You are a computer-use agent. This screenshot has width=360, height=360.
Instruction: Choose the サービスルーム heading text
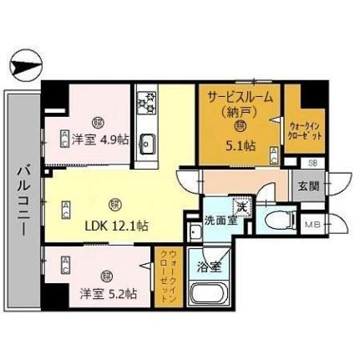pyautogui.click(x=240, y=98)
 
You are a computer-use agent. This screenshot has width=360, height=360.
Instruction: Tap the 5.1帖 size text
pyautogui.click(x=240, y=144)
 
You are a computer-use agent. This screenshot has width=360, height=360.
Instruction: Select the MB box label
pyautogui.click(x=312, y=226)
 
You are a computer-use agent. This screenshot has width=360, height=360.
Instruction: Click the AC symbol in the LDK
pyautogui.click(x=64, y=210)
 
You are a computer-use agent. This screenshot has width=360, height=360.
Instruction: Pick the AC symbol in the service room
pyautogui.click(x=274, y=153)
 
